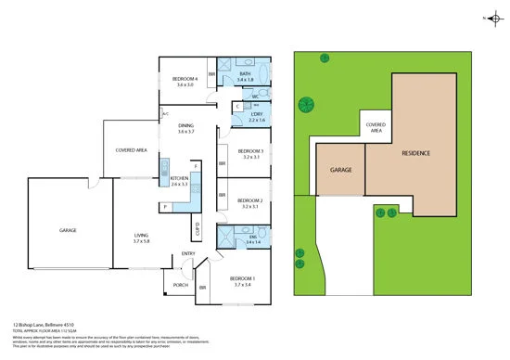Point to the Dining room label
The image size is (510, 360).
click(x=186, y=125)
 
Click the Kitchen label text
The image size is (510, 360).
click(x=179, y=177)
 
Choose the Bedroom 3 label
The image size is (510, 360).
click(x=251, y=151)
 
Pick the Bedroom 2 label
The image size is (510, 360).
click(x=251, y=200)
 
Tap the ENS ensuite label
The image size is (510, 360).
click(x=243, y=236)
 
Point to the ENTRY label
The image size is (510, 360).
click(x=188, y=254)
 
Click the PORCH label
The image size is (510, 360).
click(x=181, y=285)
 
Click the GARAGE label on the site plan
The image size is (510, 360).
click(x=339, y=171)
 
